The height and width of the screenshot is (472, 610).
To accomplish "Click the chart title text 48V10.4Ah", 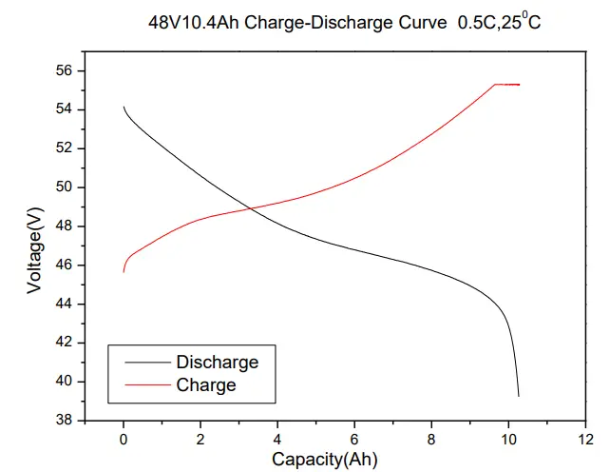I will tap(194, 22).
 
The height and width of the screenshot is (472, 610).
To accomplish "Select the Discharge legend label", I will tap(217, 363).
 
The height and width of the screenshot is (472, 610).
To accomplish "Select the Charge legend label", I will tap(206, 385).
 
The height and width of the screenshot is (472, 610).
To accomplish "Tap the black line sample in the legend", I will tap(141, 363).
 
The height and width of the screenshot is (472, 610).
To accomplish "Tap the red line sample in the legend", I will tap(141, 385).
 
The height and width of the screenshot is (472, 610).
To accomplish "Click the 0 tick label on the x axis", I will tap(124, 439).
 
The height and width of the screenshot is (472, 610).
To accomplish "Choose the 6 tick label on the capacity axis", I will tap(354, 439).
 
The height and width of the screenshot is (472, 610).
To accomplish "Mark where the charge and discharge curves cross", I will tap(249, 207).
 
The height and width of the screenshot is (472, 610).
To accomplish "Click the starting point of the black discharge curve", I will tap(124, 108).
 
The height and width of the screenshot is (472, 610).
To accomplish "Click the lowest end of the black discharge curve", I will tap(518, 395).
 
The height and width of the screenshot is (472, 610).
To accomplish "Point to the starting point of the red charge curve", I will tap(124, 272).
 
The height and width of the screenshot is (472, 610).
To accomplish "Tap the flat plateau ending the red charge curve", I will tap(507, 85).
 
